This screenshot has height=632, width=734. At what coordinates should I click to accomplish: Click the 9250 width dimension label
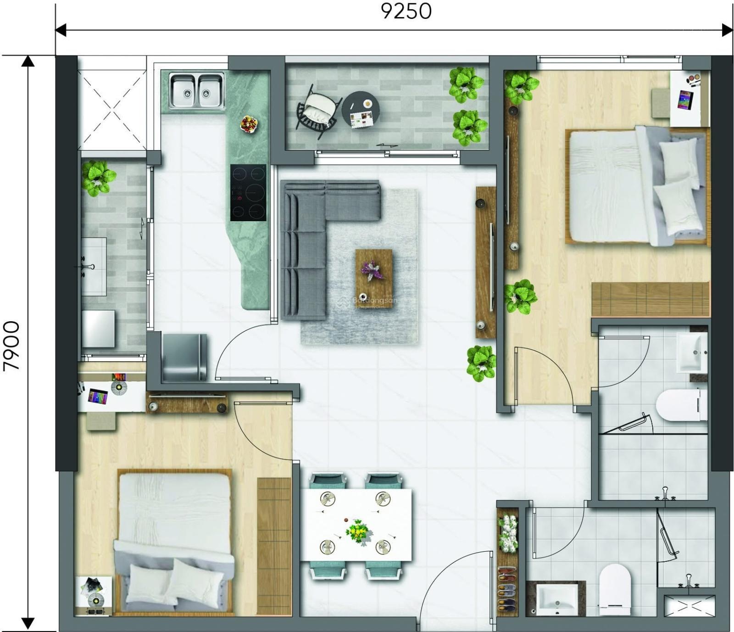click(x=406, y=11)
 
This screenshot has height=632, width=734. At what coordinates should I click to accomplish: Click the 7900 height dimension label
click(x=11, y=346)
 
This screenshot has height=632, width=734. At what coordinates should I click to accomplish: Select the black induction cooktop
click(x=248, y=192)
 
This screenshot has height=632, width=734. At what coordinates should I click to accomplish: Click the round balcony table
click(x=361, y=110)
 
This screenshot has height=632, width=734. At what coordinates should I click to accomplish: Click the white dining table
click(x=356, y=525)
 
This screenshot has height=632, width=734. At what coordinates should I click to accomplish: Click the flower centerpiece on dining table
click(x=357, y=531)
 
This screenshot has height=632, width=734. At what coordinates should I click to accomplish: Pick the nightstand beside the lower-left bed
click(x=93, y=595)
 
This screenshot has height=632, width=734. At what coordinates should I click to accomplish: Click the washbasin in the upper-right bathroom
click(x=692, y=352)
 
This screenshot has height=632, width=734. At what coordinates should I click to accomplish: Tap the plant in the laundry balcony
click(x=98, y=178)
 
